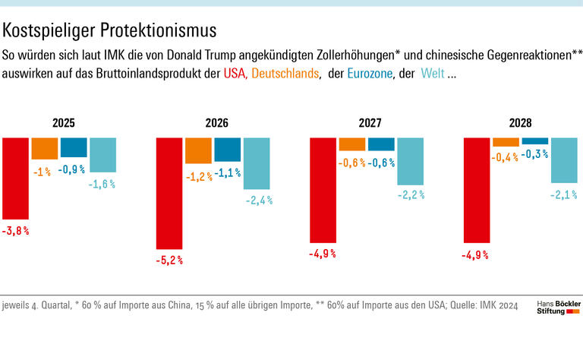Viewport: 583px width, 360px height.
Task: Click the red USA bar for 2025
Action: (x=16, y=178)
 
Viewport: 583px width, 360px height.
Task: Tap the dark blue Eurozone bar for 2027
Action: (x=381, y=144)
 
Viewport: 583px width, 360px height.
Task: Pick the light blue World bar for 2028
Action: (x=564, y=160)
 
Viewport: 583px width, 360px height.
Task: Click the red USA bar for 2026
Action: (x=169, y=193)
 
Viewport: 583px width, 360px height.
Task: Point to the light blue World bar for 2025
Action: (x=102, y=154)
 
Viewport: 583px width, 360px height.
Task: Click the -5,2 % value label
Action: (x=169, y=260)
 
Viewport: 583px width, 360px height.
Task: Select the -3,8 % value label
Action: (x=16, y=229)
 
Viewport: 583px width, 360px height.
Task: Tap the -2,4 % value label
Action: (x=257, y=201)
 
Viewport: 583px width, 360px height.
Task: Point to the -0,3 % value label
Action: (x=534, y=154)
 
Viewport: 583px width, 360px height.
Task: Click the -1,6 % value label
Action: (x=102, y=183)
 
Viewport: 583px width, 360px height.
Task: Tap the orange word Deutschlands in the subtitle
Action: (x=285, y=74)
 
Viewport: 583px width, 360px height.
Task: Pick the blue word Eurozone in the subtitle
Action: (x=370, y=74)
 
